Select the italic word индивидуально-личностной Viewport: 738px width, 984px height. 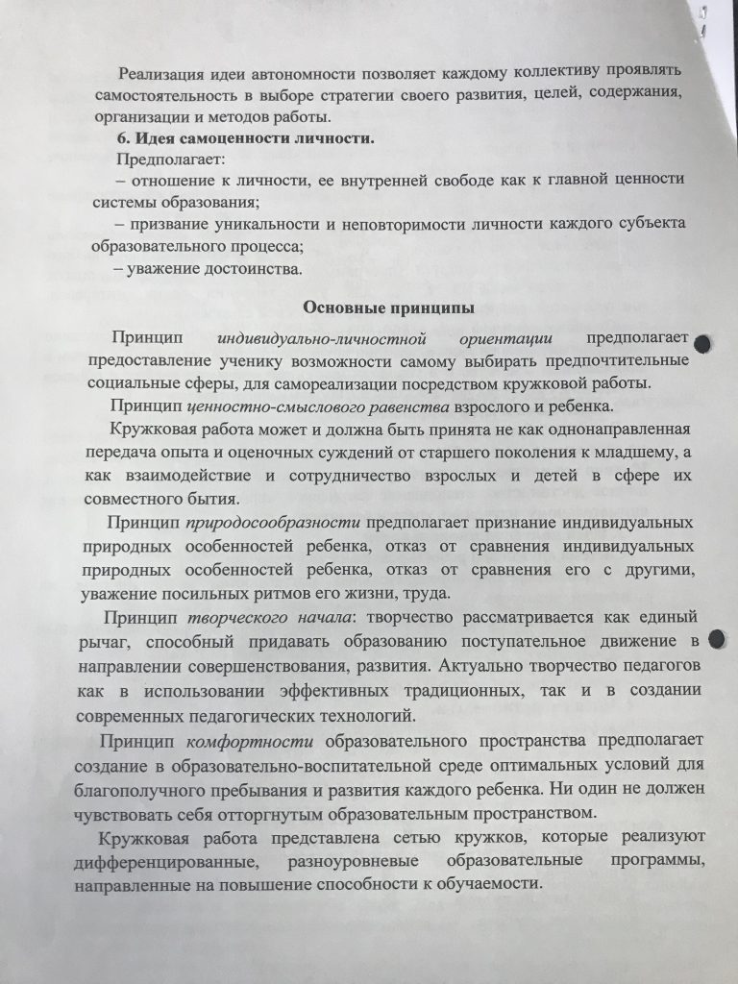pyautogui.click(x=302, y=339)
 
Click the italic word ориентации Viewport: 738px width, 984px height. pyautogui.click(x=504, y=339)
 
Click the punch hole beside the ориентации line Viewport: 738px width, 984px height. pyautogui.click(x=703, y=343)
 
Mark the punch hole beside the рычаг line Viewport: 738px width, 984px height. pyautogui.click(x=717, y=639)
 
